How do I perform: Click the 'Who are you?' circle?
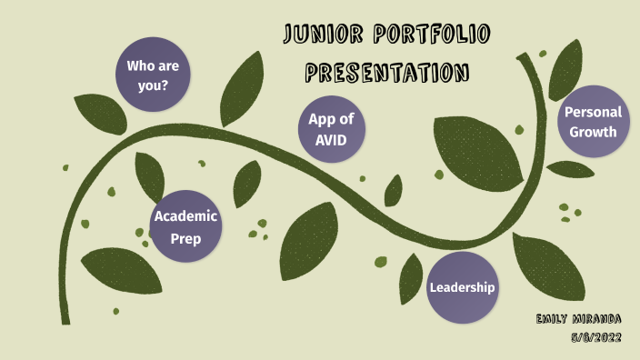click(x=153, y=75)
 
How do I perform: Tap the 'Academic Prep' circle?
click(x=185, y=228)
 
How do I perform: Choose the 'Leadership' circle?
click(x=463, y=288)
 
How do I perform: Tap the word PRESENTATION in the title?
click(x=387, y=71)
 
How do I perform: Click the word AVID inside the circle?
click(x=332, y=140)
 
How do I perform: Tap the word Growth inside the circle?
click(x=593, y=132)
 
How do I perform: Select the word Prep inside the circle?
click(x=185, y=239)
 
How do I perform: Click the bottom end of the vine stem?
click(x=65, y=320)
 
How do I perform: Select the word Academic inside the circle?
click(x=185, y=216)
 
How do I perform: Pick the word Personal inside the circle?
click(x=593, y=113)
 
